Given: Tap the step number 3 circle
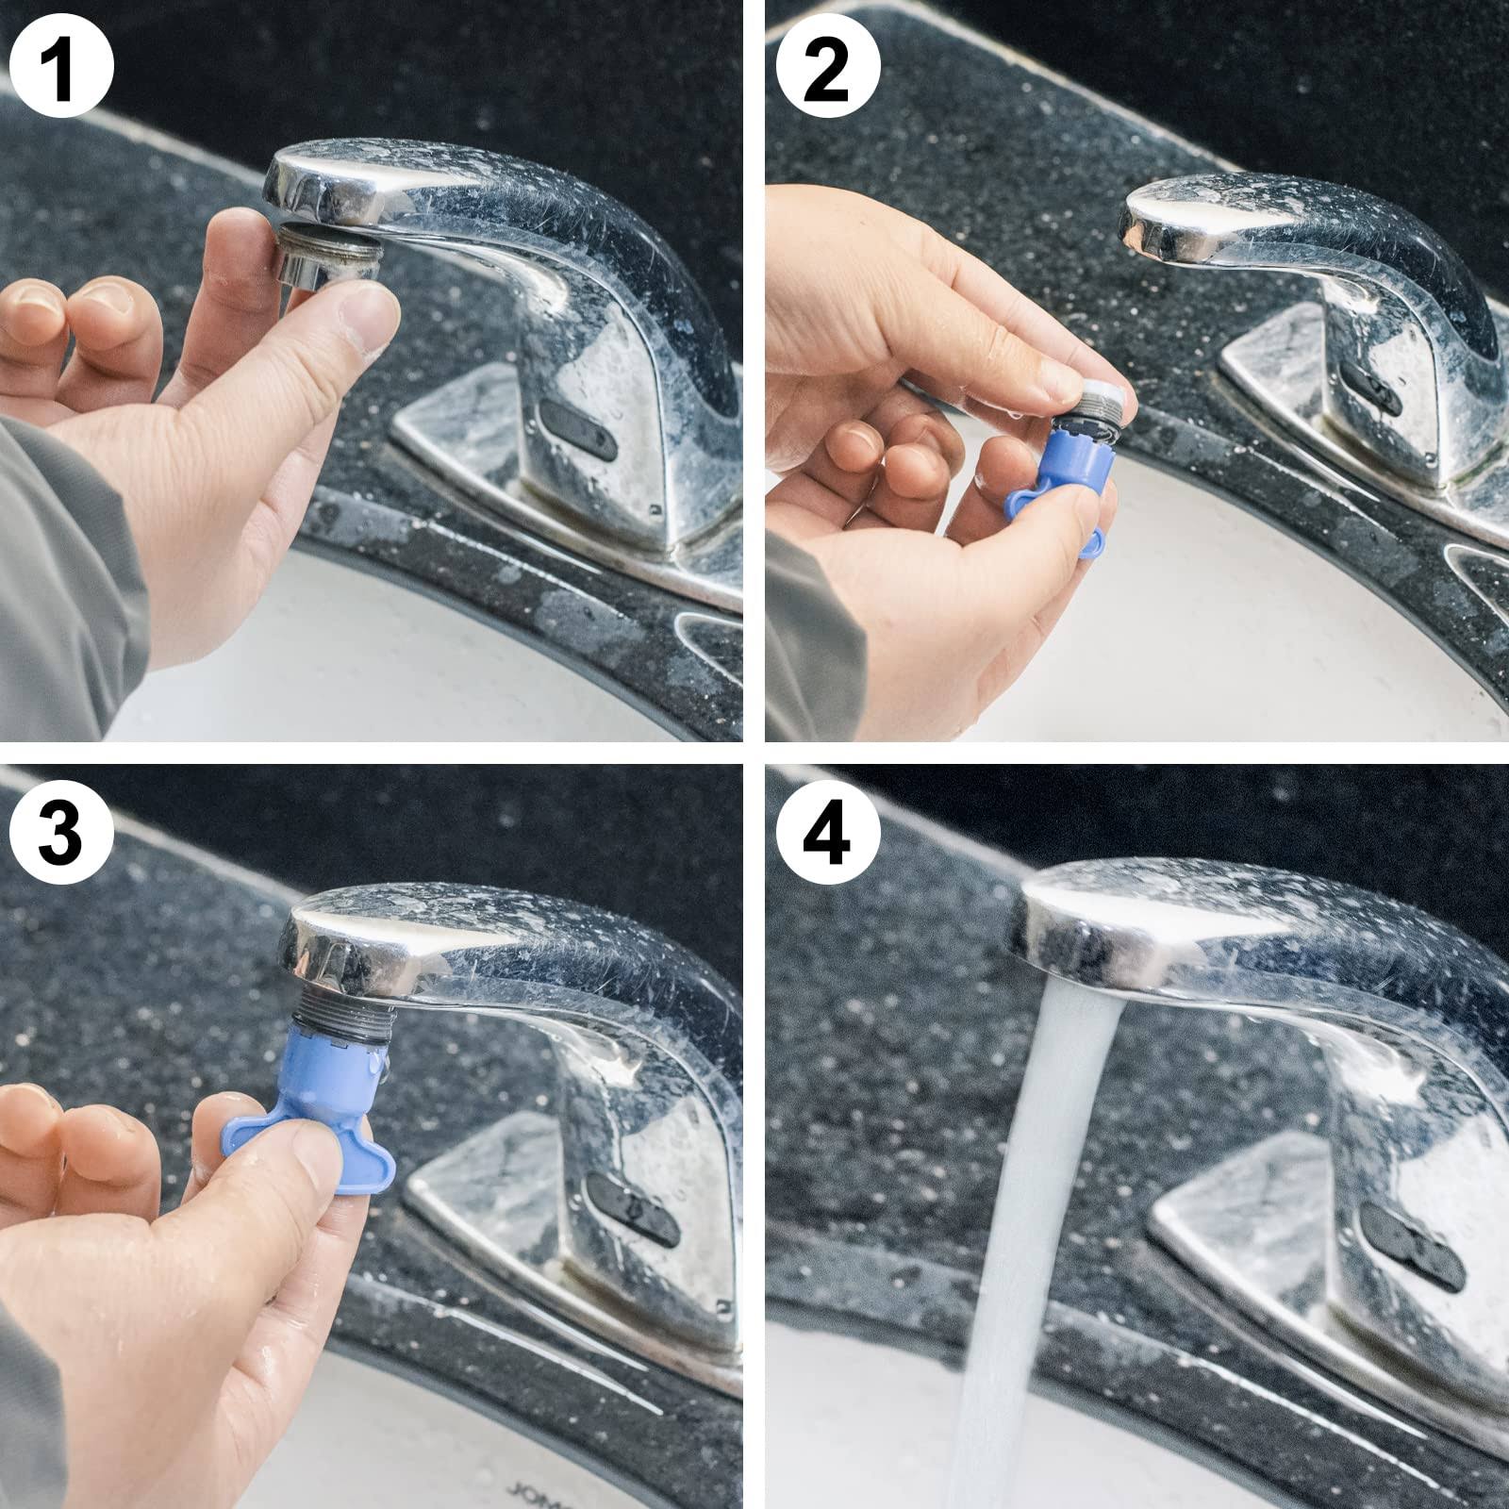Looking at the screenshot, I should pos(61,830).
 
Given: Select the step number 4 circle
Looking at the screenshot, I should pos(828,830).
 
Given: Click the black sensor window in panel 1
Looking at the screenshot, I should pos(575,429).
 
